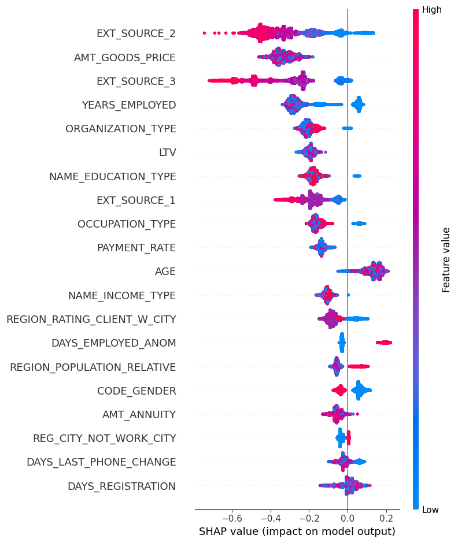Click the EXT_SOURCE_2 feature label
[x=136, y=34]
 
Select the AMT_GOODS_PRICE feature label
[x=125, y=57]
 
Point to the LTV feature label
[x=167, y=153]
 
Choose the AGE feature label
[x=165, y=271]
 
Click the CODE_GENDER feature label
[x=136, y=391]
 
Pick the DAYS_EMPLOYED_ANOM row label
[x=113, y=343]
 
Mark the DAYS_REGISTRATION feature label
[x=121, y=486]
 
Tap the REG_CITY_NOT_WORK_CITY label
[x=105, y=438]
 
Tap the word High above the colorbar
[x=431, y=10]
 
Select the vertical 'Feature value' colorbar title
[x=446, y=259]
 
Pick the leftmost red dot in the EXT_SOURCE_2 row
[x=205, y=33]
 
